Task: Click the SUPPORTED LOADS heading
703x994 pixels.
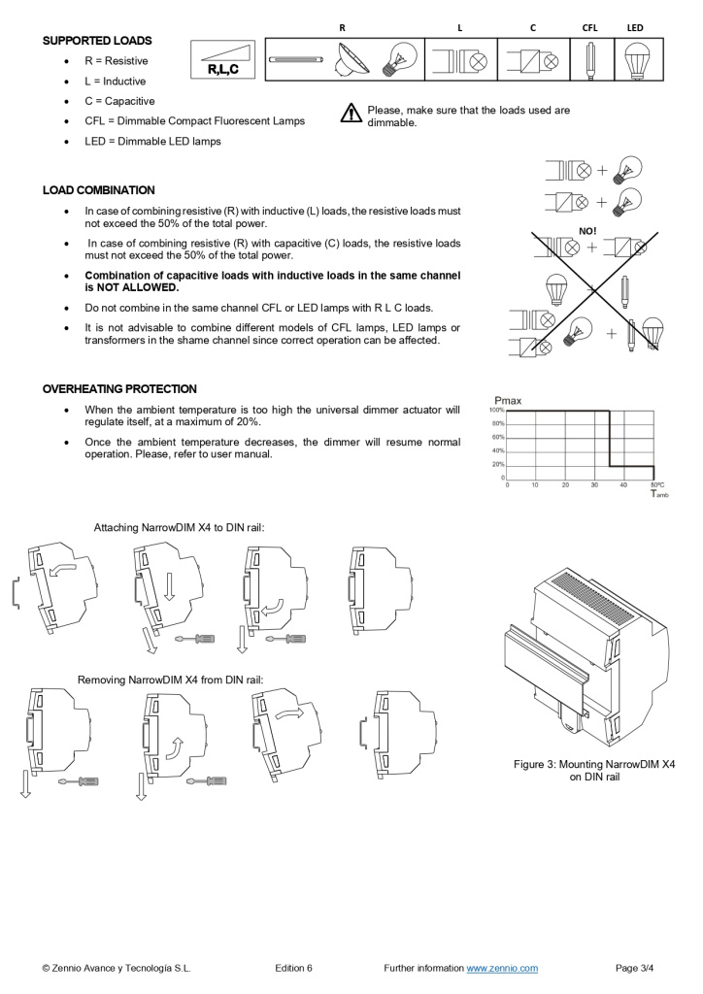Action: click(97, 41)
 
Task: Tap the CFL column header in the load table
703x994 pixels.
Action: click(589, 28)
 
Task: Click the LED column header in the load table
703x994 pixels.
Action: click(635, 28)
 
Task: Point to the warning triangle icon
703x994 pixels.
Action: click(351, 115)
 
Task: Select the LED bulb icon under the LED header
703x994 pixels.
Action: click(636, 59)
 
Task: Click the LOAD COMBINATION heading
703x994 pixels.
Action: click(98, 190)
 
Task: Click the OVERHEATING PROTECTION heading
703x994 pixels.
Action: click(119, 389)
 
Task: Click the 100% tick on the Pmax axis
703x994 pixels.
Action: click(496, 411)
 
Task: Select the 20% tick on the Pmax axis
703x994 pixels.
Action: click(497, 464)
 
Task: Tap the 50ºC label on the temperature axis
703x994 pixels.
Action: click(656, 484)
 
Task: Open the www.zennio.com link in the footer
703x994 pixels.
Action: click(502, 968)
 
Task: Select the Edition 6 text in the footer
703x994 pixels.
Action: click(293, 968)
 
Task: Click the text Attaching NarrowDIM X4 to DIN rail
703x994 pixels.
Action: click(179, 528)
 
